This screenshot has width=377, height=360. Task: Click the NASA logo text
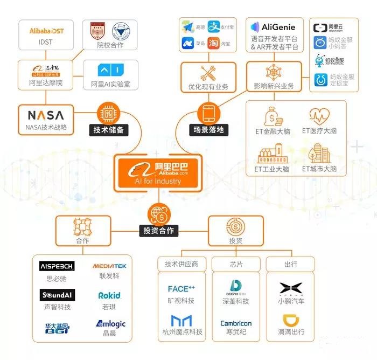pos(45,115)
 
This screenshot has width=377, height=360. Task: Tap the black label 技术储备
pos(108,130)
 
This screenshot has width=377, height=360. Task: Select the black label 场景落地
pos(208,130)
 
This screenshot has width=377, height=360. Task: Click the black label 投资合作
pos(159,231)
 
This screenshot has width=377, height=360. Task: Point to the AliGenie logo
pos(275,27)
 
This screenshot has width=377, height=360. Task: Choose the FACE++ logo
pos(181,289)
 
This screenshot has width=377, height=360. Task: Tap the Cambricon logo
pos(236,323)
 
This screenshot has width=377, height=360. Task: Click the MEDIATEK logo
pos(109,266)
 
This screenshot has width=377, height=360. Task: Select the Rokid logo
pos(109,295)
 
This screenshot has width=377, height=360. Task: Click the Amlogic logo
pos(110,324)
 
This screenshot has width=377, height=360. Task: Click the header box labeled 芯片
pos(236,264)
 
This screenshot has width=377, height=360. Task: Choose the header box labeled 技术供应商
pos(181,264)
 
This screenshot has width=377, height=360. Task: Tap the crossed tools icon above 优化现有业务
pos(208,73)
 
